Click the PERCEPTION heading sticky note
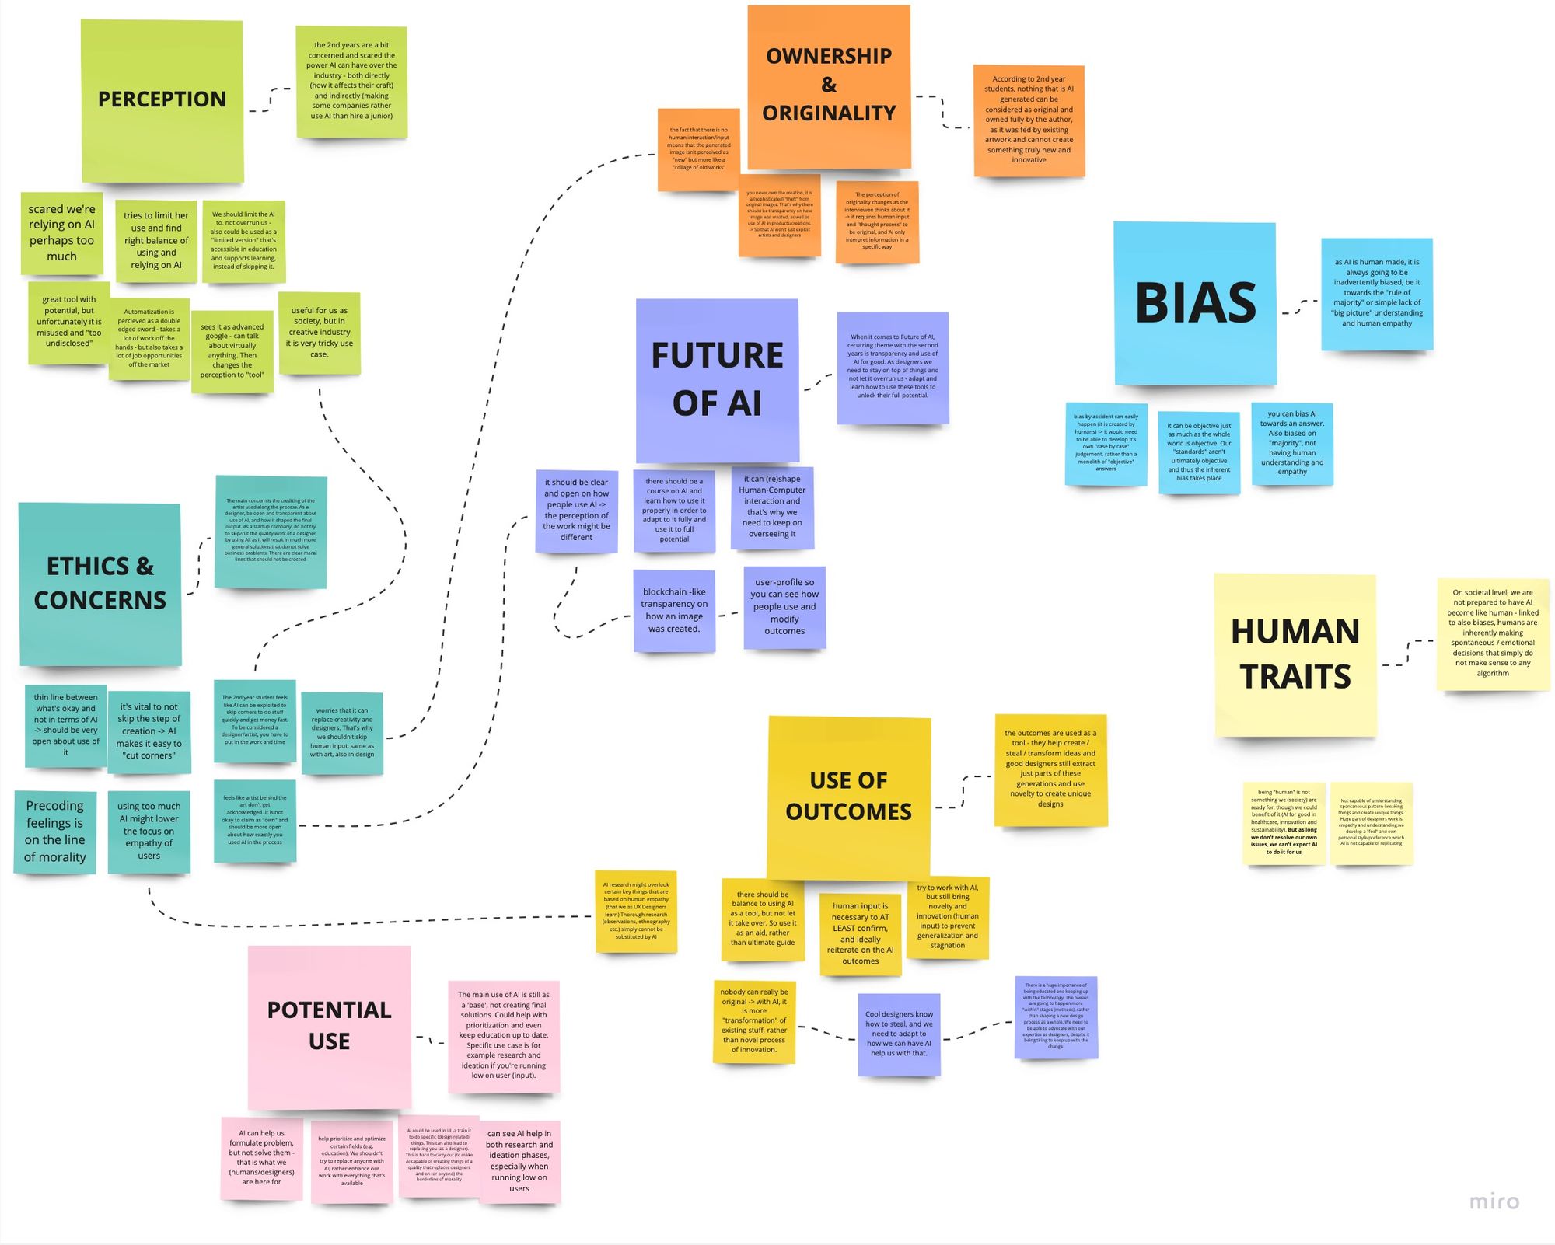[162, 101]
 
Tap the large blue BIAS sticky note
[1195, 303]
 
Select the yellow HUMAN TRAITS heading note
[1295, 654]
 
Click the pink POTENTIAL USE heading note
[329, 1026]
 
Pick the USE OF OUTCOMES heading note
[848, 797]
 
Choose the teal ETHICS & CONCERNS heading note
[100, 584]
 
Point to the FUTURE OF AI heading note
[717, 380]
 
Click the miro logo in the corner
[1494, 1201]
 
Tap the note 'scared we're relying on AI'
[61, 233]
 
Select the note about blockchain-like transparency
[674, 610]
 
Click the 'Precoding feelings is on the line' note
[55, 832]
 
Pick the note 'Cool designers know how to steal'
[899, 1034]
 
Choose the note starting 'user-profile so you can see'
[784, 607]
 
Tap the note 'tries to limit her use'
[156, 241]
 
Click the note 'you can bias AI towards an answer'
[1292, 443]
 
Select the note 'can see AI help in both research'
[519, 1161]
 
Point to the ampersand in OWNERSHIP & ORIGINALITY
[829, 85]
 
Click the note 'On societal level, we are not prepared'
[1493, 634]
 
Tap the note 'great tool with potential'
[69, 322]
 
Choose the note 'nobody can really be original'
[754, 1021]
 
